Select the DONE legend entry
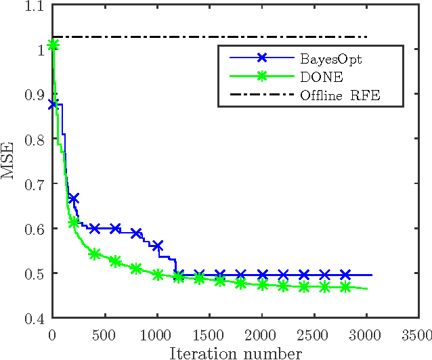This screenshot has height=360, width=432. click(318, 77)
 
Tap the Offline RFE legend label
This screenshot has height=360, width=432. click(340, 95)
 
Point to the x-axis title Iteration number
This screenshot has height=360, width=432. click(235, 353)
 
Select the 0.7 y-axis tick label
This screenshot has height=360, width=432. click(34, 184)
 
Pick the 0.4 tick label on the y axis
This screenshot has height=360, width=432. click(34, 318)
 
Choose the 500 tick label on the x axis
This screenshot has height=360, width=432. click(105, 335)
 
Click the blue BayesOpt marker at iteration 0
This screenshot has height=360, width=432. click(53, 104)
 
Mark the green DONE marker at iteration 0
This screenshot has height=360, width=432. click(53, 45)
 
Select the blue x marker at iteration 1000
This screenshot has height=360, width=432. click(158, 246)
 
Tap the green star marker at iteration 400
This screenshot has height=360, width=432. click(95, 254)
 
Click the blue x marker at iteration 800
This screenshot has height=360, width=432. click(137, 233)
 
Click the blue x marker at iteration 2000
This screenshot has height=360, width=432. click(262, 275)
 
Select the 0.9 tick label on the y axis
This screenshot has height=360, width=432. click(34, 95)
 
